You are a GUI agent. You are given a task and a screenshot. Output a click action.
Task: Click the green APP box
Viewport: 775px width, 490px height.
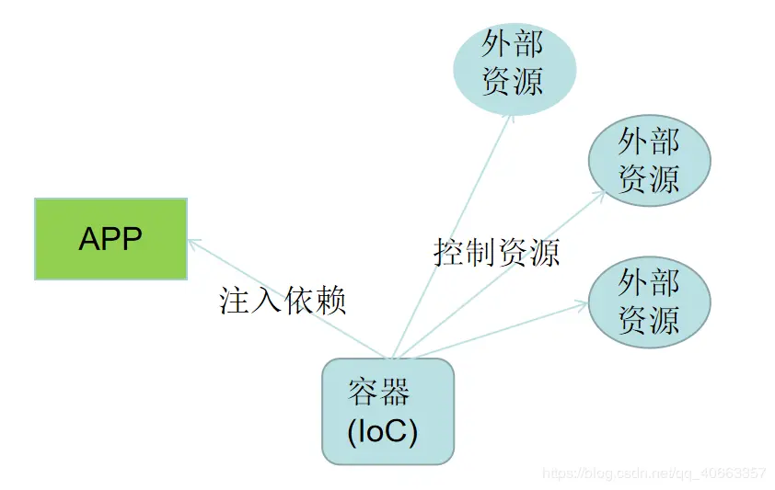click(x=110, y=238)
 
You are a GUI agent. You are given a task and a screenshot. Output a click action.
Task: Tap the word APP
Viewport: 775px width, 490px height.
click(x=110, y=239)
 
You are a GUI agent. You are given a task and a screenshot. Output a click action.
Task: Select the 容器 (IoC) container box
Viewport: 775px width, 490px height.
click(x=387, y=410)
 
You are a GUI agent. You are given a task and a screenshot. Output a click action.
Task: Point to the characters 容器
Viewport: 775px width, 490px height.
click(x=378, y=393)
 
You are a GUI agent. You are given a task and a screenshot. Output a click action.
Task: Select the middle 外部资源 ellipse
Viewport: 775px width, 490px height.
click(x=649, y=160)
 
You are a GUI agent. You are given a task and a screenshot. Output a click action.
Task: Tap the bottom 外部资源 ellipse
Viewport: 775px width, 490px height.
click(x=649, y=301)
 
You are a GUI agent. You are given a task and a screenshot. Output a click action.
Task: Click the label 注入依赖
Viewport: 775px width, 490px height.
click(x=283, y=300)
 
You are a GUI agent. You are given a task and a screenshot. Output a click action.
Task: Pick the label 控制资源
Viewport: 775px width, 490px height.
click(x=496, y=251)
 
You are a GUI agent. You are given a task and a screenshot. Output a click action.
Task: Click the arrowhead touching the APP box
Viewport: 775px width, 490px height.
click(x=193, y=243)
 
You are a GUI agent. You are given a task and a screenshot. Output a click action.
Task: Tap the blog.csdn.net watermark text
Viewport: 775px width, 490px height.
click(x=654, y=473)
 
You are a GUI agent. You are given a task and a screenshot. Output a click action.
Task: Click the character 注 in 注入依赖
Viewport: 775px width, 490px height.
click(x=235, y=300)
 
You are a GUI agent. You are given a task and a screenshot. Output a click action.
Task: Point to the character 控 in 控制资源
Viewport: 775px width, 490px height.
click(x=448, y=251)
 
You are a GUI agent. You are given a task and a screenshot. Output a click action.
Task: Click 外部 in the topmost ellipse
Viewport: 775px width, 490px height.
click(x=514, y=44)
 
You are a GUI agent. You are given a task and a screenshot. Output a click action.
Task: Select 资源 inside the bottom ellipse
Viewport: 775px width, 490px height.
click(x=649, y=318)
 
